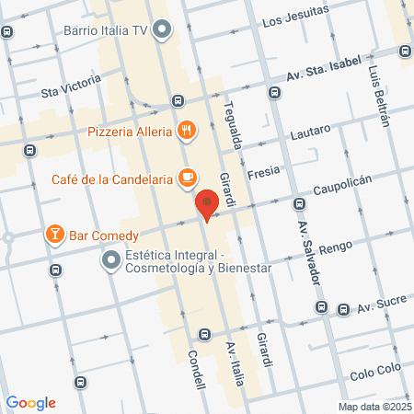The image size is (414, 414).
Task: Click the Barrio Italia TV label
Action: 106,30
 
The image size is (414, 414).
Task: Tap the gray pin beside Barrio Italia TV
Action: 163,30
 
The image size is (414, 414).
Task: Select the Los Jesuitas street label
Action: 294,21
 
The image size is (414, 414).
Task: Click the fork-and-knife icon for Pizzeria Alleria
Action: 187,131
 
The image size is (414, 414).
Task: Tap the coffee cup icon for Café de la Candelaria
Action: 188,177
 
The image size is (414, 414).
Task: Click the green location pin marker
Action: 209,203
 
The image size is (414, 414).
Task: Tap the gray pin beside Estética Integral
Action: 111,261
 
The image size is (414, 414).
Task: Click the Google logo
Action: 30,402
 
